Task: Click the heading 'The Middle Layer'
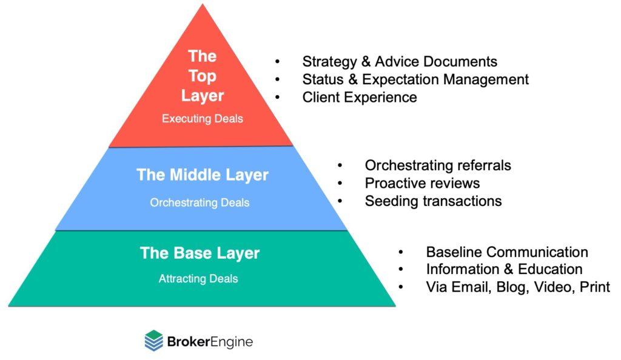point(202,175)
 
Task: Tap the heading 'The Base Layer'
point(200,253)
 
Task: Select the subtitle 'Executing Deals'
point(202,119)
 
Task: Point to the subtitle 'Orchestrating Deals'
point(200,202)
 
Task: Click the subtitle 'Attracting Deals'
point(198,279)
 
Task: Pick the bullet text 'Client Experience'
point(360,97)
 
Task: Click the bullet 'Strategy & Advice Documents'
point(400,61)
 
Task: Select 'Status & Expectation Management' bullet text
point(415,79)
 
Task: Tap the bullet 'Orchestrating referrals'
point(438,165)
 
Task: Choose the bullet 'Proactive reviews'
point(422,183)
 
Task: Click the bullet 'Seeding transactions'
point(433,201)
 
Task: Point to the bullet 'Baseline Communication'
point(507,252)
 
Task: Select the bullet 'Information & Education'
point(504,269)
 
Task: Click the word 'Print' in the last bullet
point(594,287)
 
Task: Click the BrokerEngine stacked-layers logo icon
point(154,341)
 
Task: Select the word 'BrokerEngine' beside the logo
point(209,342)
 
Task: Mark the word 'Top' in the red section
point(202,76)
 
